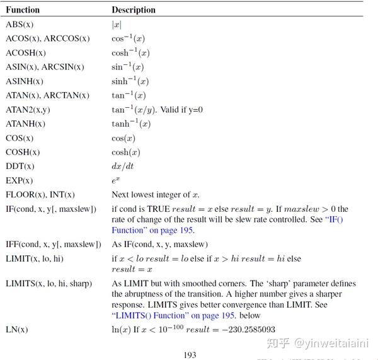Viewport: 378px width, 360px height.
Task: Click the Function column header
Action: (23, 10)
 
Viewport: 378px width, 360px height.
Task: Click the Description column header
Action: (134, 10)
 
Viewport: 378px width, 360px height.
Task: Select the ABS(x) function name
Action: (20, 24)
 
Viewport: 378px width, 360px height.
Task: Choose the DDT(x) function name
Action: (20, 166)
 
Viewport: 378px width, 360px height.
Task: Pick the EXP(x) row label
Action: (20, 180)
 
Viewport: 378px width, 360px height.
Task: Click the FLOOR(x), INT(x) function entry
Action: (40, 195)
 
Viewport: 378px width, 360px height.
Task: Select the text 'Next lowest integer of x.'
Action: (155, 195)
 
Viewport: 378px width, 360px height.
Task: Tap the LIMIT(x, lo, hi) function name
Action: (35, 258)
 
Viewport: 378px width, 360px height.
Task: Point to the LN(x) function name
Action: (17, 330)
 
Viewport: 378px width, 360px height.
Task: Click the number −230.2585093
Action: (250, 330)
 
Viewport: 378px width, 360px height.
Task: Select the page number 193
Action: (190, 355)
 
